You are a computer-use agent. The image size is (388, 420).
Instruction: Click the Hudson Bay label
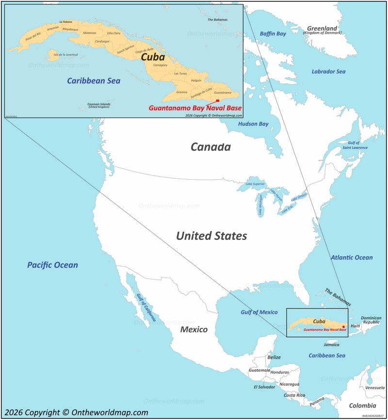253,124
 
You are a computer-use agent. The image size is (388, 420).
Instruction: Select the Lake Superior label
255,184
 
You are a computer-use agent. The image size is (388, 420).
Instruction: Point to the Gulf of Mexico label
259,312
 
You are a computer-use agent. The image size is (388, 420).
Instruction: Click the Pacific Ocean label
52,265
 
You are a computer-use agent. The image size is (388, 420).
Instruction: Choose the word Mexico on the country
194,329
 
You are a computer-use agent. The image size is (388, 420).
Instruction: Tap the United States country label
211,236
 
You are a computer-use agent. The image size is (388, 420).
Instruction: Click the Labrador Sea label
328,72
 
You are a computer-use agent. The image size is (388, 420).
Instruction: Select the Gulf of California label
146,308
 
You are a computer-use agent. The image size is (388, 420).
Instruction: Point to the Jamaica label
332,345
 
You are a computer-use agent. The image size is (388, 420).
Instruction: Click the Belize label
274,358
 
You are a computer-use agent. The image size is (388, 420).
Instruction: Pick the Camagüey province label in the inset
160,65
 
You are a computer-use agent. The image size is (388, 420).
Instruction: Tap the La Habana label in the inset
65,22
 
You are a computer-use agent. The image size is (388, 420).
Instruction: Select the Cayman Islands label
99,105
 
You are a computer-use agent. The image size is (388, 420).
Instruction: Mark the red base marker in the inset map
218,101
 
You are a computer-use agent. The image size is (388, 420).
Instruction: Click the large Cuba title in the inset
153,57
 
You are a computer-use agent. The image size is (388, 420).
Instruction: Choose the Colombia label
363,405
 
